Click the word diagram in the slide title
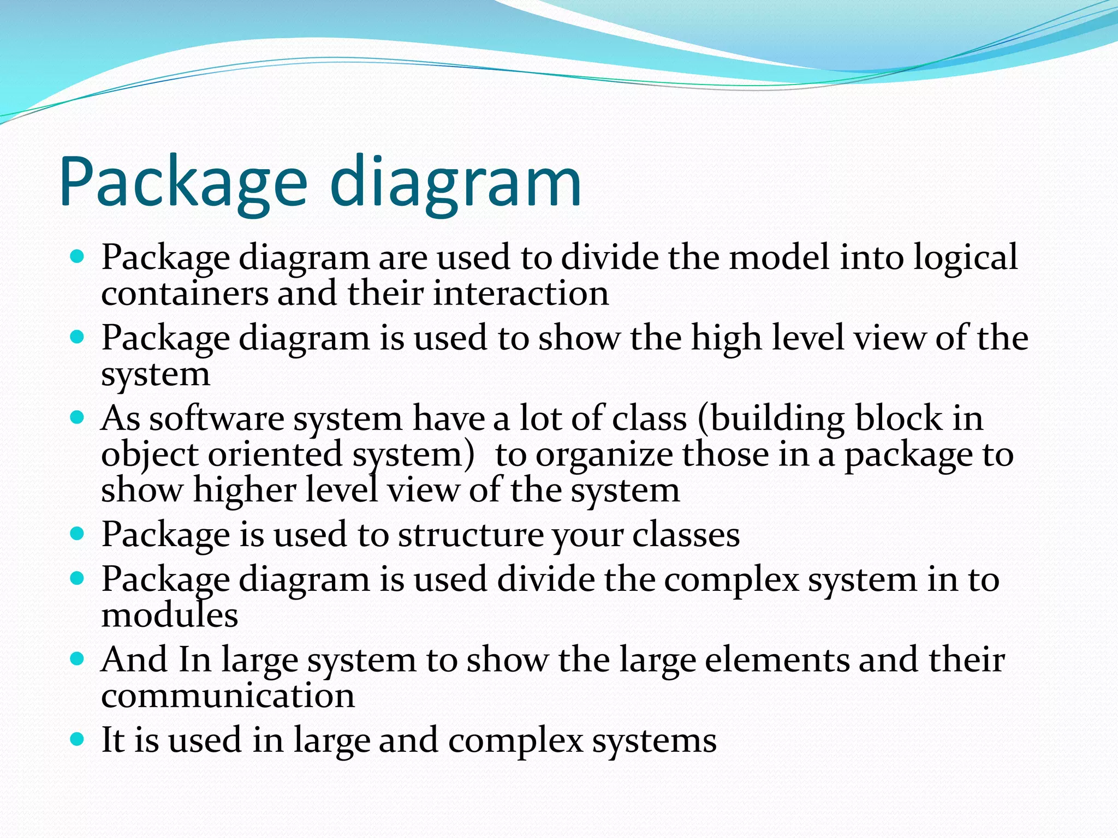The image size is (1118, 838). click(456, 183)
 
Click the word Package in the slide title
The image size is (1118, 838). click(183, 183)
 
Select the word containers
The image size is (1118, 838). click(185, 294)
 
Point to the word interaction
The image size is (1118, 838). click(521, 294)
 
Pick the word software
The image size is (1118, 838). click(216, 419)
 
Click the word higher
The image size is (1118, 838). click(244, 490)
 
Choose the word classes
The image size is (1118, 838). click(686, 535)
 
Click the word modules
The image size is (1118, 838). click(169, 615)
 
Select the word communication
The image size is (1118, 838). click(228, 696)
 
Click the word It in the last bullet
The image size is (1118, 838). click(113, 741)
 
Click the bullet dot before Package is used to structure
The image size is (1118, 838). click(78, 534)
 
